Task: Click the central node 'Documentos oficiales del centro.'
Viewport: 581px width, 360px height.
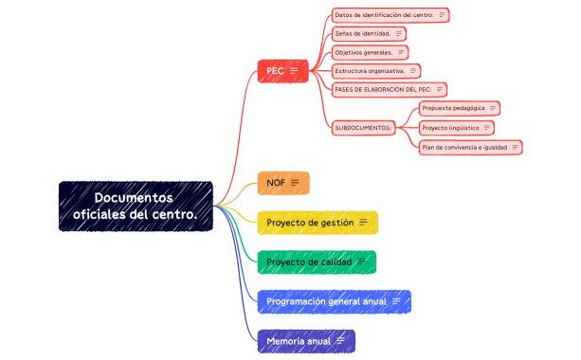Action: point(136,207)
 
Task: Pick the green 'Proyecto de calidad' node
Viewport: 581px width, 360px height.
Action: point(317,261)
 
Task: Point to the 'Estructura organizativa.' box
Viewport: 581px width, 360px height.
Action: point(375,71)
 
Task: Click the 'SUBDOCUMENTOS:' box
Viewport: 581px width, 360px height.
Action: point(364,127)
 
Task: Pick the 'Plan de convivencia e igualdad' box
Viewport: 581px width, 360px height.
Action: point(470,147)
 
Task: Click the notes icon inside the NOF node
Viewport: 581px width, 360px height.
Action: point(295,182)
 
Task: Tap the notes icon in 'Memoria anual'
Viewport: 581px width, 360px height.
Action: point(339,340)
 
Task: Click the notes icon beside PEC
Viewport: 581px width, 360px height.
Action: point(294,71)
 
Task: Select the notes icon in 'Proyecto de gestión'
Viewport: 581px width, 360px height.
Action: point(363,223)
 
